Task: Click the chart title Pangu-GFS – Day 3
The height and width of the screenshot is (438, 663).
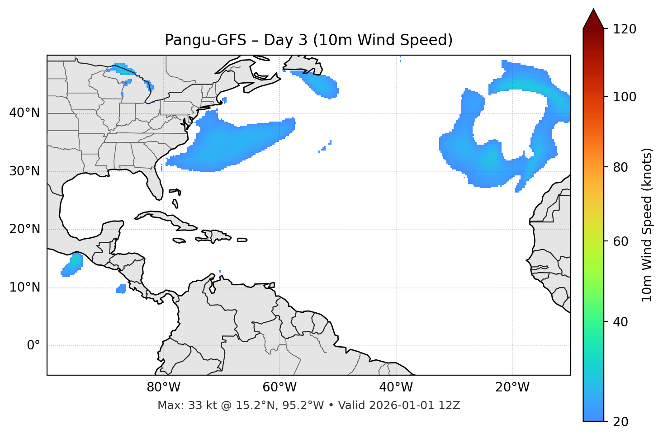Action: (x=308, y=40)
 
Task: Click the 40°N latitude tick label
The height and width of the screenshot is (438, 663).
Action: (x=24, y=113)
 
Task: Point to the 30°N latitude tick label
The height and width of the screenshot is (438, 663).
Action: (x=24, y=171)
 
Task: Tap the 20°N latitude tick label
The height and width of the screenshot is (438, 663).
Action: (x=24, y=229)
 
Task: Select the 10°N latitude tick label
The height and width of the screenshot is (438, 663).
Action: (x=24, y=287)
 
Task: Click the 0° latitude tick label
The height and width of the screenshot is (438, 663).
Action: (x=33, y=346)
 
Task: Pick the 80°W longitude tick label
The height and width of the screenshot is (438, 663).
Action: (x=163, y=387)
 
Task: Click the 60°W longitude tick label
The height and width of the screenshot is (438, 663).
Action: (x=279, y=387)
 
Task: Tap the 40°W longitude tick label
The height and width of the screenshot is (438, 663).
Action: (x=396, y=387)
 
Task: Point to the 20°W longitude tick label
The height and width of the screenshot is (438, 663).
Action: (x=512, y=387)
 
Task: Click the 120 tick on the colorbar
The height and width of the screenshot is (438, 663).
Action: (x=625, y=29)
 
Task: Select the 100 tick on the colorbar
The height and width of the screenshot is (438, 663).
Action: (x=625, y=97)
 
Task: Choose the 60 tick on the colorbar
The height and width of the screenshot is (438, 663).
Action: (x=621, y=241)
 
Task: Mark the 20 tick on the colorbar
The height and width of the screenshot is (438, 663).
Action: (x=621, y=422)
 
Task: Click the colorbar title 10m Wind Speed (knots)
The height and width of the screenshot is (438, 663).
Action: (x=647, y=225)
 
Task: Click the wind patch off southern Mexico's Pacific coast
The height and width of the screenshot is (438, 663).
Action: (x=72, y=265)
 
